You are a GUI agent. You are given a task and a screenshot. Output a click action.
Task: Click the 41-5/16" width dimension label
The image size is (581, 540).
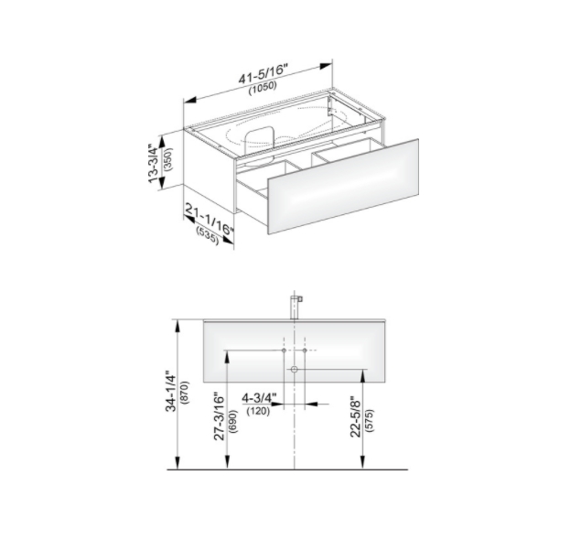(x=263, y=74)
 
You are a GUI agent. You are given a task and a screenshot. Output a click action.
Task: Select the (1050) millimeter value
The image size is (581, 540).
(x=263, y=88)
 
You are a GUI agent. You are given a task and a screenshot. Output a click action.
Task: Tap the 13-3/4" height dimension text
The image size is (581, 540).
(x=154, y=164)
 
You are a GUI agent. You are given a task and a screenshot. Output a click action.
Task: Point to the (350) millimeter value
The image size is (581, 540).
(x=168, y=159)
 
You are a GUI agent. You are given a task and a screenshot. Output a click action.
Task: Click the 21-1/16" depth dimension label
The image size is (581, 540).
(x=210, y=220)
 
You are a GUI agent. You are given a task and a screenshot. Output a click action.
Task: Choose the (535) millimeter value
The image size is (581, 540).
(x=208, y=235)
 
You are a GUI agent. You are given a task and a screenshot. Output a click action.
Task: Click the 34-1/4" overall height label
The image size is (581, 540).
(x=170, y=391)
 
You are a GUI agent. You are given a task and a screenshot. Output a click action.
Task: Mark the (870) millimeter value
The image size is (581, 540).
(x=184, y=393)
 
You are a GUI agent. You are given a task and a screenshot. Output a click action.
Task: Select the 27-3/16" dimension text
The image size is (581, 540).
(x=220, y=417)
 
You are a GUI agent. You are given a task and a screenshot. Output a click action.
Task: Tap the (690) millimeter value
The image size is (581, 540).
(x=232, y=421)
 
